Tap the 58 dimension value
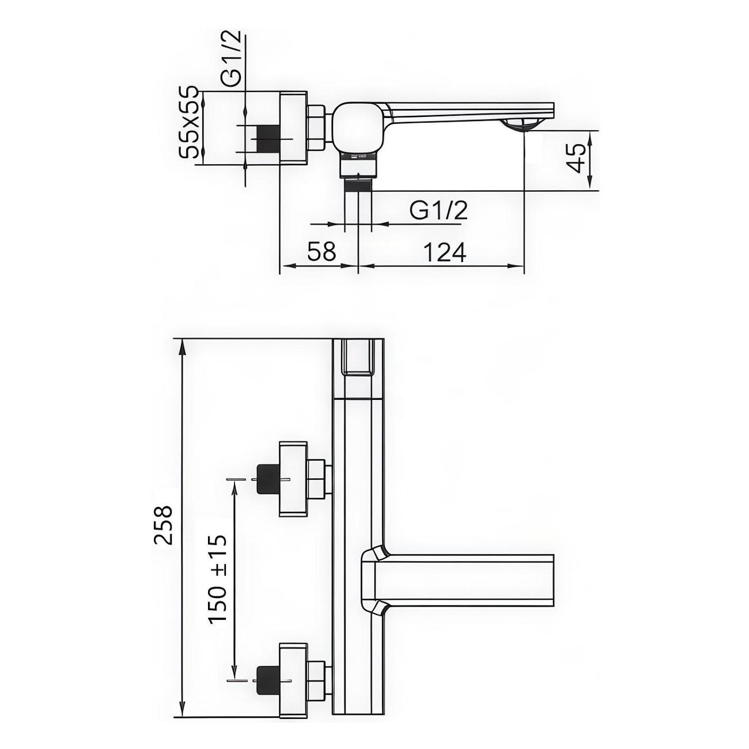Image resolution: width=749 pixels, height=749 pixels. [321, 251]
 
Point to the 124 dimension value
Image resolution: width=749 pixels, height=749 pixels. [444, 251]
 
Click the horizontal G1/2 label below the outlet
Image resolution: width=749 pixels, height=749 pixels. [438, 211]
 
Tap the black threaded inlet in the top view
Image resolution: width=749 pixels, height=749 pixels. [269, 139]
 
